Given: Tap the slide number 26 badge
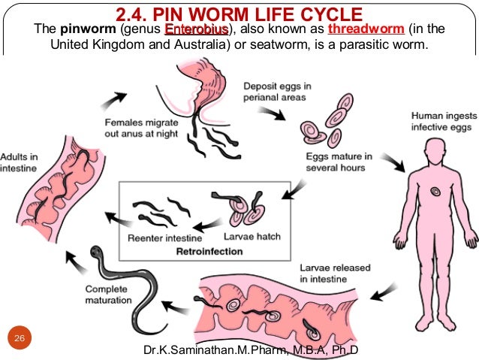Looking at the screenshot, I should click(20, 339).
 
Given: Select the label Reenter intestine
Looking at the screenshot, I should click(155, 237).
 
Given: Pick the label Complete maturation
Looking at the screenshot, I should click(110, 294).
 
